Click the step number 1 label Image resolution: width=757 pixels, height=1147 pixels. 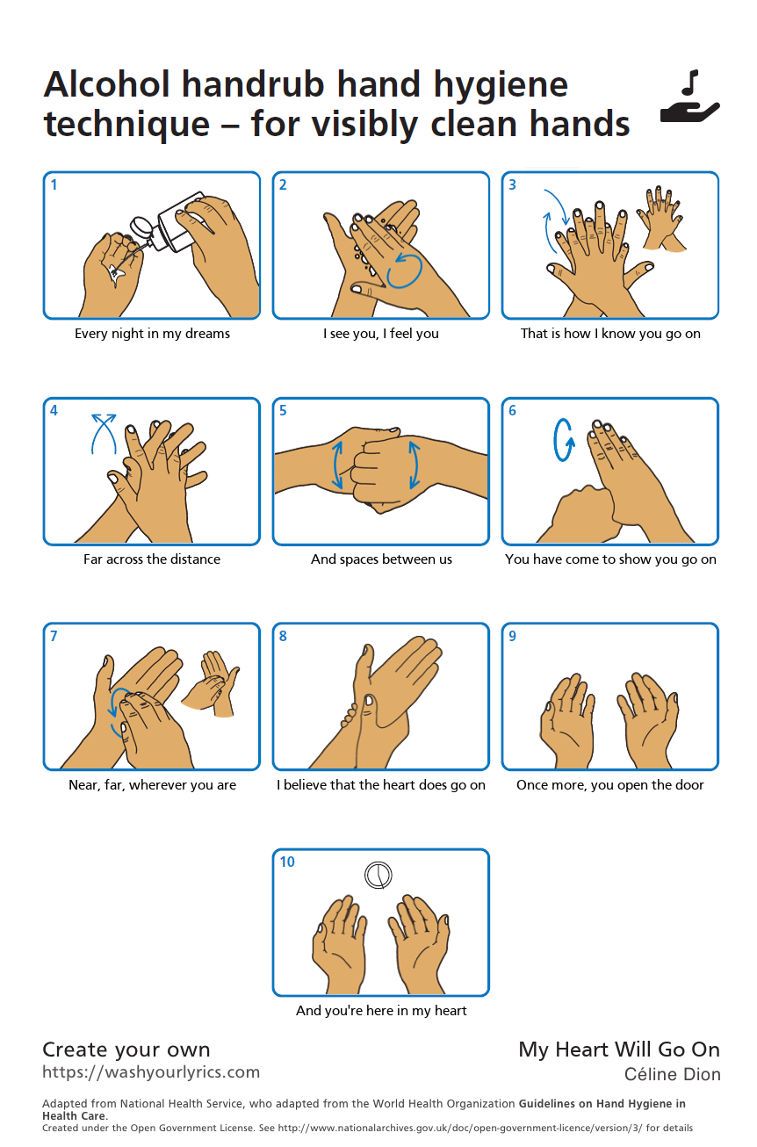(54, 184)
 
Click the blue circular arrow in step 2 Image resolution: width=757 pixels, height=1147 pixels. (404, 271)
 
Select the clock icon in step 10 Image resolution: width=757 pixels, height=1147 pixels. (378, 875)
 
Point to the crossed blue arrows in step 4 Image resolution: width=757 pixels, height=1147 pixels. (104, 434)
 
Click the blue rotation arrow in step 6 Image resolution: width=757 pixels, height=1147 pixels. (564, 440)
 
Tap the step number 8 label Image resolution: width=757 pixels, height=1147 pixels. (284, 636)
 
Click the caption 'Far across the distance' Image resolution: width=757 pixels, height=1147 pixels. (152, 559)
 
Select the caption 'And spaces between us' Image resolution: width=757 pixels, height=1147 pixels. (381, 559)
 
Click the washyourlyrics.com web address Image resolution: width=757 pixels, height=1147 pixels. (151, 1071)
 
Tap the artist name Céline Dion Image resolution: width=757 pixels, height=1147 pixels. (673, 1074)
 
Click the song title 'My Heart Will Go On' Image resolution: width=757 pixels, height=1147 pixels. (619, 1050)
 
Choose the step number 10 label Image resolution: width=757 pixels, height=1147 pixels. (287, 862)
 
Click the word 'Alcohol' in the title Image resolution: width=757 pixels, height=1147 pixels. (106, 84)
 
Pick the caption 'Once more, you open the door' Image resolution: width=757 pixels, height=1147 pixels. (610, 785)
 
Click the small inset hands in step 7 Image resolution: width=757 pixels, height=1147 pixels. (211, 683)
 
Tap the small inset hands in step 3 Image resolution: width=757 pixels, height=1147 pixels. (661, 220)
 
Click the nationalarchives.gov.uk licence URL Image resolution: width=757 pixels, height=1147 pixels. (460, 1128)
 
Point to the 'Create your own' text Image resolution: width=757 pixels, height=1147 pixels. (126, 1050)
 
